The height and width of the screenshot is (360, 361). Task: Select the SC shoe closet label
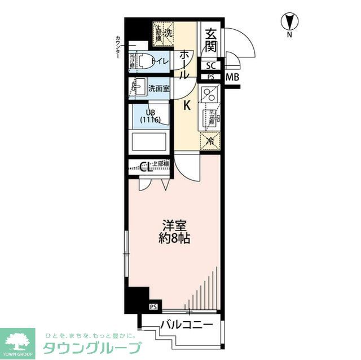(210, 65)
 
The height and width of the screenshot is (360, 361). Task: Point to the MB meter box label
(232, 77)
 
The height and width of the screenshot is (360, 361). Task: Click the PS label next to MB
(210, 77)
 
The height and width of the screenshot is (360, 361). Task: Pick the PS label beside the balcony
(153, 306)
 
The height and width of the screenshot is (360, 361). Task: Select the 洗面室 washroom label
(158, 88)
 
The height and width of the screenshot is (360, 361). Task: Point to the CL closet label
(145, 166)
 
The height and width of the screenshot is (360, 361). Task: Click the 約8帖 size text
(173, 238)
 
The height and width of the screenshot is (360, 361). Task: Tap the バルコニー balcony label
(186, 325)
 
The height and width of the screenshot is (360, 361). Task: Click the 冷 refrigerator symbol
(209, 141)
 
